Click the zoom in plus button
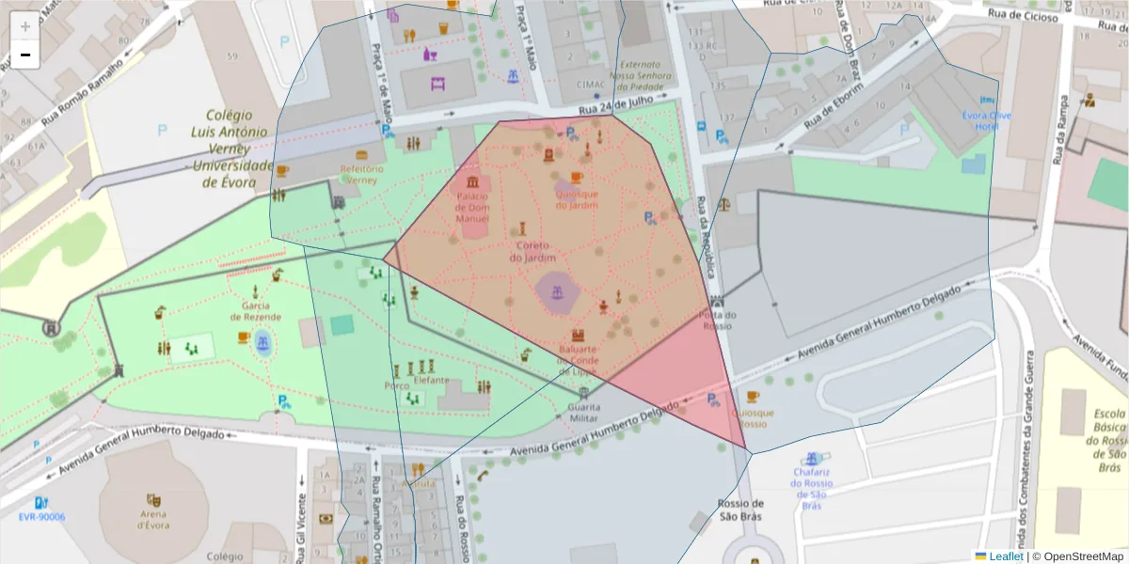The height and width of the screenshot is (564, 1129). coord(25,26)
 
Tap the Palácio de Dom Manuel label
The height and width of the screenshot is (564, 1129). coord(471,207)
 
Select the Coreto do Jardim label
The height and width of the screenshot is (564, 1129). coord(533,251)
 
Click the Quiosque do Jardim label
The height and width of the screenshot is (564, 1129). coord(577,199)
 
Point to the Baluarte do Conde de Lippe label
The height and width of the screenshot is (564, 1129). coord(579,359)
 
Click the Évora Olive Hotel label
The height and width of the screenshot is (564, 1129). coord(986,121)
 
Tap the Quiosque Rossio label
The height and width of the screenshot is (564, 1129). coord(752,418)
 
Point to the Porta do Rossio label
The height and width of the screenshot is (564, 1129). coord(718,321)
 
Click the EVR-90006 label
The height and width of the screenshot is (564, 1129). coord(41,517)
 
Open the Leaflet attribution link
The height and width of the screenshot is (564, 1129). coord(1006,556)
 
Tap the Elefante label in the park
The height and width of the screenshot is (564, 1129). coord(430,381)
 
